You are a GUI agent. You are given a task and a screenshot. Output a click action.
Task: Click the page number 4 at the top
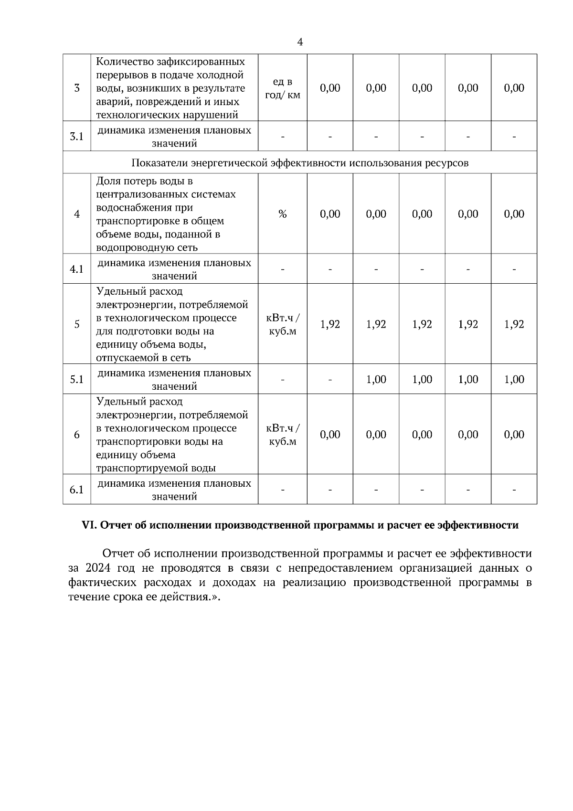pos(299,43)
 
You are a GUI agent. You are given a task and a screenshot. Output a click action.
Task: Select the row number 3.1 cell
pos(77,137)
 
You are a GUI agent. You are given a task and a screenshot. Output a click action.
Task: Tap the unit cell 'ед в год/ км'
pos(283,88)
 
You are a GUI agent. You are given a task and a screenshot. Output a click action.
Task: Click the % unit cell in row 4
pos(283,214)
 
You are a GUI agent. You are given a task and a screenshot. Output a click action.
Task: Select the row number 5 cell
pos(77,324)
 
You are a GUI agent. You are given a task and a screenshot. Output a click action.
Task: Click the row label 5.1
pos(77,380)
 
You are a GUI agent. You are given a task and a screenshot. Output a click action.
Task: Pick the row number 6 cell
pos(77,435)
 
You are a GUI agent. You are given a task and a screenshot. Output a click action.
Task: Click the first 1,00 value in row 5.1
pos(376,380)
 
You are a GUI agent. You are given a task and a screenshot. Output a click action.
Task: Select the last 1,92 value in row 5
pos(514,324)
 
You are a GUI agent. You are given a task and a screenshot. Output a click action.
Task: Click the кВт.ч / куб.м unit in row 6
pos(283,435)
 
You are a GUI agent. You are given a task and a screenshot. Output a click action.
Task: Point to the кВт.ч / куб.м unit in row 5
pos(283,324)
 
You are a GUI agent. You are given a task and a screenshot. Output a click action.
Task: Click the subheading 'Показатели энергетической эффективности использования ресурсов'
pos(300,163)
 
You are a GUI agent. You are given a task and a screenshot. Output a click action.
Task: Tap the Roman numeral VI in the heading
pos(89,525)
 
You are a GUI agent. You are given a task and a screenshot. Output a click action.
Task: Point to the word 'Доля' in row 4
pos(107,181)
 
